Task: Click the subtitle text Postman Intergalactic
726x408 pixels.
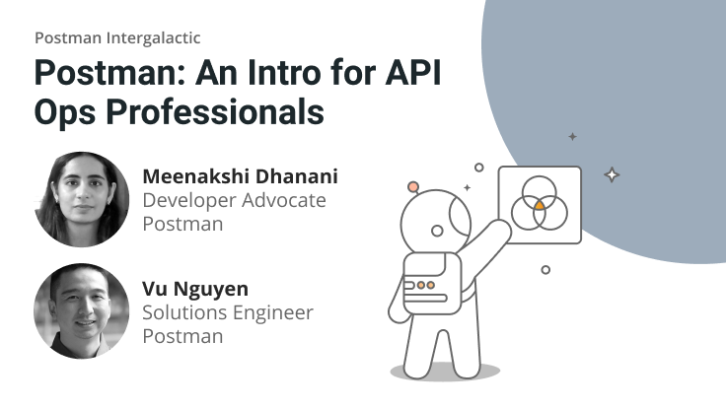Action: coord(117,38)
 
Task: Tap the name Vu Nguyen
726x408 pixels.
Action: coord(195,290)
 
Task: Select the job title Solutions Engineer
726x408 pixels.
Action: coord(228,313)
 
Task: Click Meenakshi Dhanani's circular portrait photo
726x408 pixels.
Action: coord(82,198)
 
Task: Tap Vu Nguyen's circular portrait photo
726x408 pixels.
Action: coord(82,311)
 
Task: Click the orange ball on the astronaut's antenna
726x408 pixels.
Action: coord(413,186)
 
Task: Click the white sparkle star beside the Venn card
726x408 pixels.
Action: coord(612,175)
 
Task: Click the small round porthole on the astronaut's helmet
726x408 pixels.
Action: coord(438,231)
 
